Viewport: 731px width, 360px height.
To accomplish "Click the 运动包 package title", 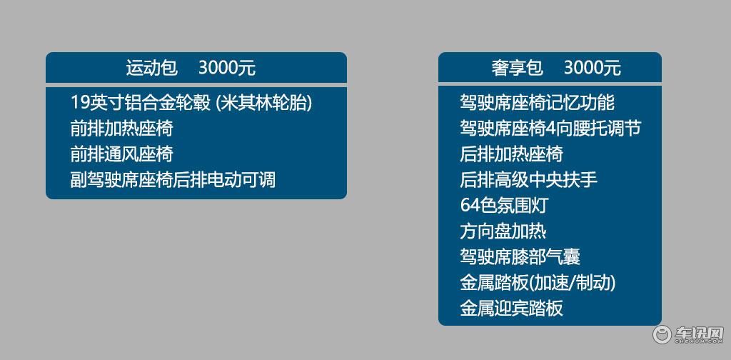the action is (x=152, y=68).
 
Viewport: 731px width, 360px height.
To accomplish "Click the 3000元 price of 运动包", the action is (x=227, y=68).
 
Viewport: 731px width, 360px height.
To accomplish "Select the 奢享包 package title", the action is (x=518, y=68).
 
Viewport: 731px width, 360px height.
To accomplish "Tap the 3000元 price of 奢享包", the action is (x=593, y=68).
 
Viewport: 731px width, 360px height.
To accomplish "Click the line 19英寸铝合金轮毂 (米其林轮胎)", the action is (x=191, y=103).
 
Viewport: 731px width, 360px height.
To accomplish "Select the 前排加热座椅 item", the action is (x=121, y=129).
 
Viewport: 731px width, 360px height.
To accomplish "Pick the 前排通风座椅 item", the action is (x=121, y=154).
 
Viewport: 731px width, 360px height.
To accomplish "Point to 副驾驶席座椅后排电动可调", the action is (x=173, y=179).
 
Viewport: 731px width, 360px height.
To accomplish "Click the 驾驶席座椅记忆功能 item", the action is (x=537, y=103).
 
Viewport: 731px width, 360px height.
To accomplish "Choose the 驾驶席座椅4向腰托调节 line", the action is (x=550, y=129).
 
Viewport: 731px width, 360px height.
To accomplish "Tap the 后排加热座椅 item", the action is (x=511, y=154).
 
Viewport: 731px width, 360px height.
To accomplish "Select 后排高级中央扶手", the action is (x=529, y=179).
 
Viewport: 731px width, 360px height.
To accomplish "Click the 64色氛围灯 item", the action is (x=503, y=205).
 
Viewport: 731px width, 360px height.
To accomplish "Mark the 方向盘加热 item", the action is (x=503, y=231).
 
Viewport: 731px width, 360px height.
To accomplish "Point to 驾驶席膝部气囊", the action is (x=520, y=256).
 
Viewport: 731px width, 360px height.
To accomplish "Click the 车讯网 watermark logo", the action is (x=688, y=335).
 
